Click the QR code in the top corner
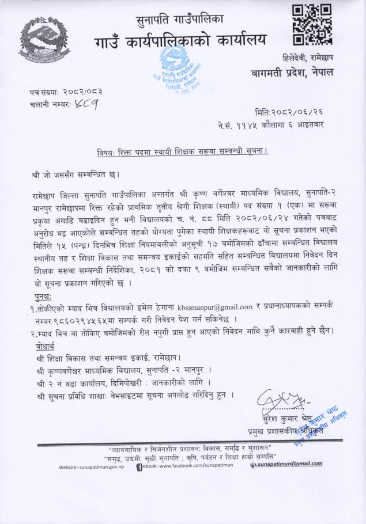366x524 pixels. (311, 25)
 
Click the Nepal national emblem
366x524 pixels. (47, 44)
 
